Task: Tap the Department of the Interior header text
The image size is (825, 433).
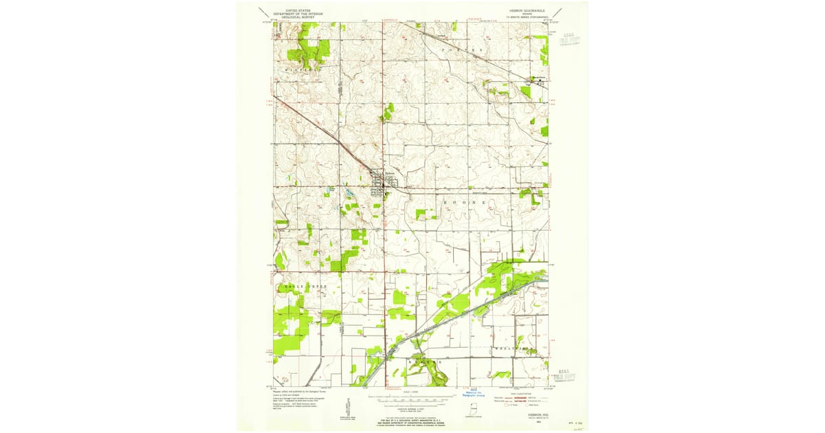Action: coord(298,14)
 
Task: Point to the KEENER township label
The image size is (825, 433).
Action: coord(421,359)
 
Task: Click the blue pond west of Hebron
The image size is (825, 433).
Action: coord(350,195)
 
